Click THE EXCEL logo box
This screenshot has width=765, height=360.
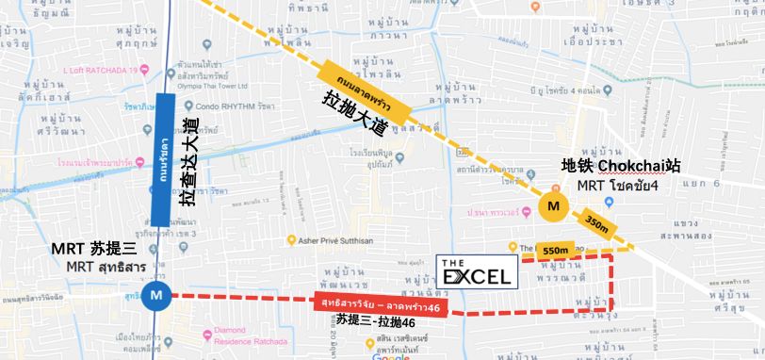pyautogui.click(x=477, y=270)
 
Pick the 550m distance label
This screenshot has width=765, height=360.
pyautogui.click(x=557, y=249)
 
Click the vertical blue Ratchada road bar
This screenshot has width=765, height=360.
pyautogui.click(x=161, y=159)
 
